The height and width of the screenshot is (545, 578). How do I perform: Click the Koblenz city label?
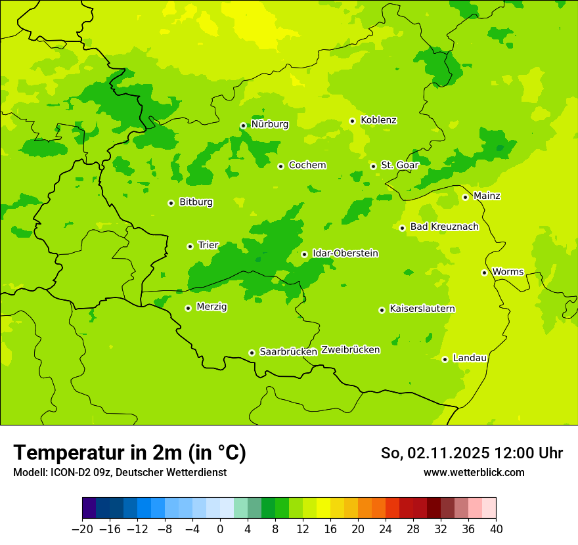[378, 120]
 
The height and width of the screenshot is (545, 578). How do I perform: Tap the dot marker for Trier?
[190, 246]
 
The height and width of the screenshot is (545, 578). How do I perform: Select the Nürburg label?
[269, 124]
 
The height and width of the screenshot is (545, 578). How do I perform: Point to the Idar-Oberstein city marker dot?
[304, 254]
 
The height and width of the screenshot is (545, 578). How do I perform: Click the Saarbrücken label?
[288, 352]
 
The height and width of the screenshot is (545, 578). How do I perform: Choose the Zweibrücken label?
[350, 350]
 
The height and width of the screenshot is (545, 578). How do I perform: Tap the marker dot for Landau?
[445, 359]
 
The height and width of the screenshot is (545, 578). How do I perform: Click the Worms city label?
[508, 272]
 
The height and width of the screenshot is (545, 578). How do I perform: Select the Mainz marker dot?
[465, 197]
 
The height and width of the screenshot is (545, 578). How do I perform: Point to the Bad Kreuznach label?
[444, 227]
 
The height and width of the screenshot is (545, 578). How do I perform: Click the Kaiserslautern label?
[422, 309]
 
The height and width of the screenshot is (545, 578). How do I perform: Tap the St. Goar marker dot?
[373, 166]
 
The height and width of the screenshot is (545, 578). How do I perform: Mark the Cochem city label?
[307, 165]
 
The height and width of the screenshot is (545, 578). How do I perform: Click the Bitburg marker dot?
[171, 203]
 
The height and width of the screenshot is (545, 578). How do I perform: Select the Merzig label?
[211, 307]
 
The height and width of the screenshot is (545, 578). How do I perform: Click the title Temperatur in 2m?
[129, 453]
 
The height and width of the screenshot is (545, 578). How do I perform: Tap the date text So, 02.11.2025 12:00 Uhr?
[472, 453]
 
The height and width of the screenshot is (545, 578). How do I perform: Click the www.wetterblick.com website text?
[474, 473]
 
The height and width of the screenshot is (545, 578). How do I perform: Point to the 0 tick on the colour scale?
[220, 529]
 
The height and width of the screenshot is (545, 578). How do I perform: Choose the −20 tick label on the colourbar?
[82, 529]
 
